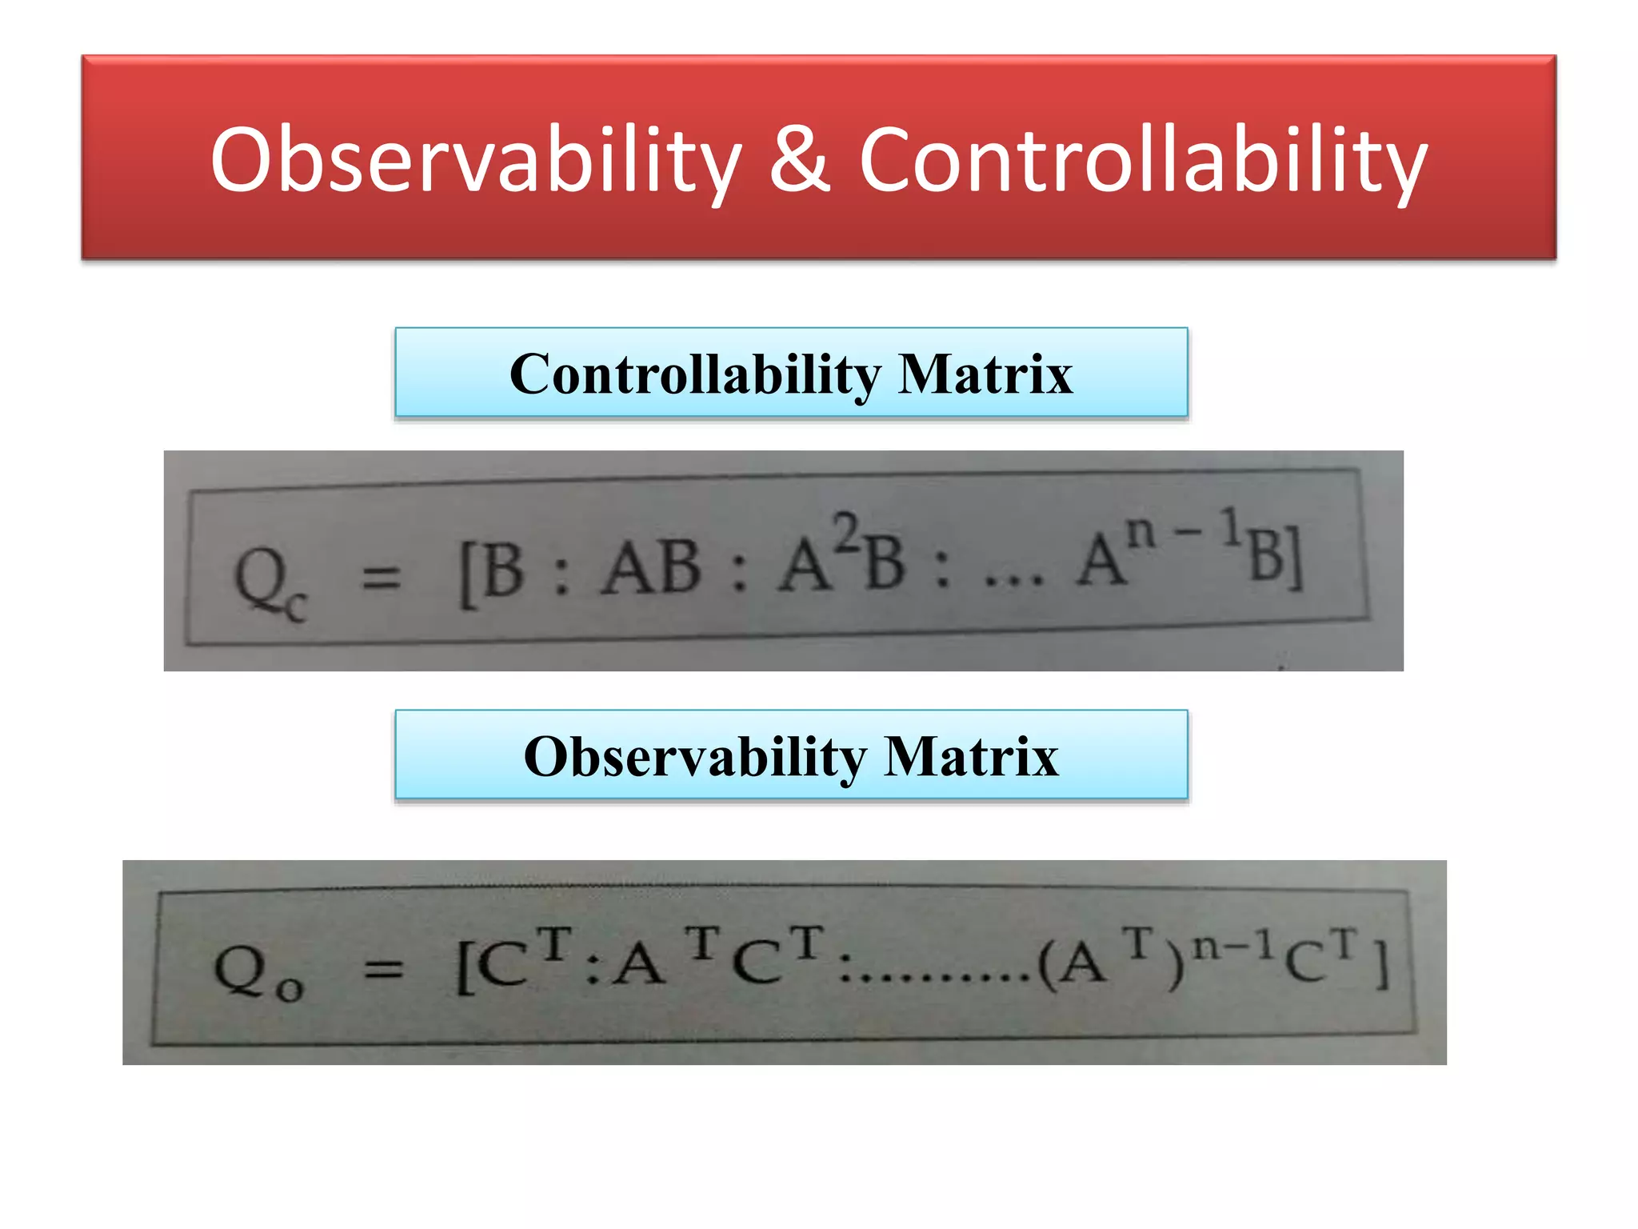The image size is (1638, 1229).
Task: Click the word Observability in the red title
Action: [475, 160]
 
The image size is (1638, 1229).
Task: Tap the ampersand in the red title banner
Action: [800, 160]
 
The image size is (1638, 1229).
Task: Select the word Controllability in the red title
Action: [1142, 160]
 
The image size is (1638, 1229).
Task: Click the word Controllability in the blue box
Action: [694, 374]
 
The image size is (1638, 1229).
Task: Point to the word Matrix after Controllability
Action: [985, 374]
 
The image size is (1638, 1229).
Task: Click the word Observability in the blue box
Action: [694, 757]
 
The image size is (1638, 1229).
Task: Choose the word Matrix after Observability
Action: [971, 757]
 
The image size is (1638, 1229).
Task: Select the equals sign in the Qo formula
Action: [384, 970]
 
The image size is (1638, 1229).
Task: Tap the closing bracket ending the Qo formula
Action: [1380, 964]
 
